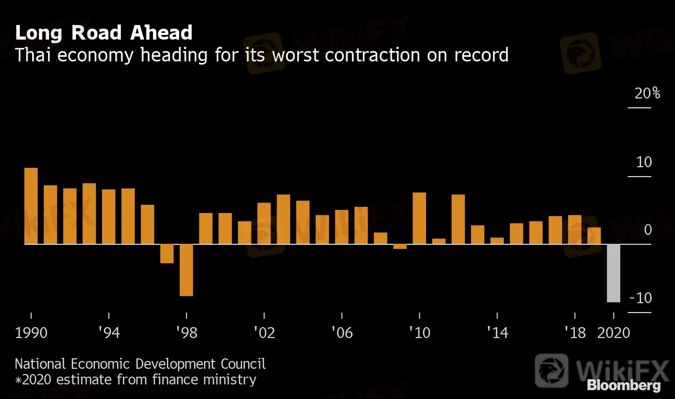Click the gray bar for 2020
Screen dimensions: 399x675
tap(614, 273)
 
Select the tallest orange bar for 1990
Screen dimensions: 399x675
tap(31, 206)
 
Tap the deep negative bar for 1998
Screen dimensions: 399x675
tap(186, 270)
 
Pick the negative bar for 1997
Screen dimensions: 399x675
tap(167, 254)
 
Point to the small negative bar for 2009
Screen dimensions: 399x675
tap(399, 246)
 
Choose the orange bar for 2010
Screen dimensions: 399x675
tap(419, 218)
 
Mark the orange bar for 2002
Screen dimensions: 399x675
tap(264, 223)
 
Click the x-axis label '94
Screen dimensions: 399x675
tap(108, 332)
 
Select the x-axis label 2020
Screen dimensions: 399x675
tap(613, 332)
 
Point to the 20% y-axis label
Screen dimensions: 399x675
tap(647, 94)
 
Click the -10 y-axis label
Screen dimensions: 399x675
tap(641, 298)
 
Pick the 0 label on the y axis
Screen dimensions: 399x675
tap(647, 230)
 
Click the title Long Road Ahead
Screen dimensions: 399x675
tap(104, 33)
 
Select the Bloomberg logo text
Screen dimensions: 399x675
tap(623, 385)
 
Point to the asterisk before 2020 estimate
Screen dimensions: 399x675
tap(18, 380)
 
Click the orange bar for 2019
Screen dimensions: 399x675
tap(594, 235)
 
